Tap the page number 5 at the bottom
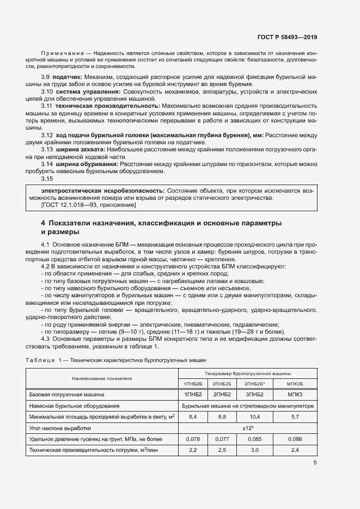[x=315, y=463]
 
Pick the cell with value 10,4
[x=254, y=417]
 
